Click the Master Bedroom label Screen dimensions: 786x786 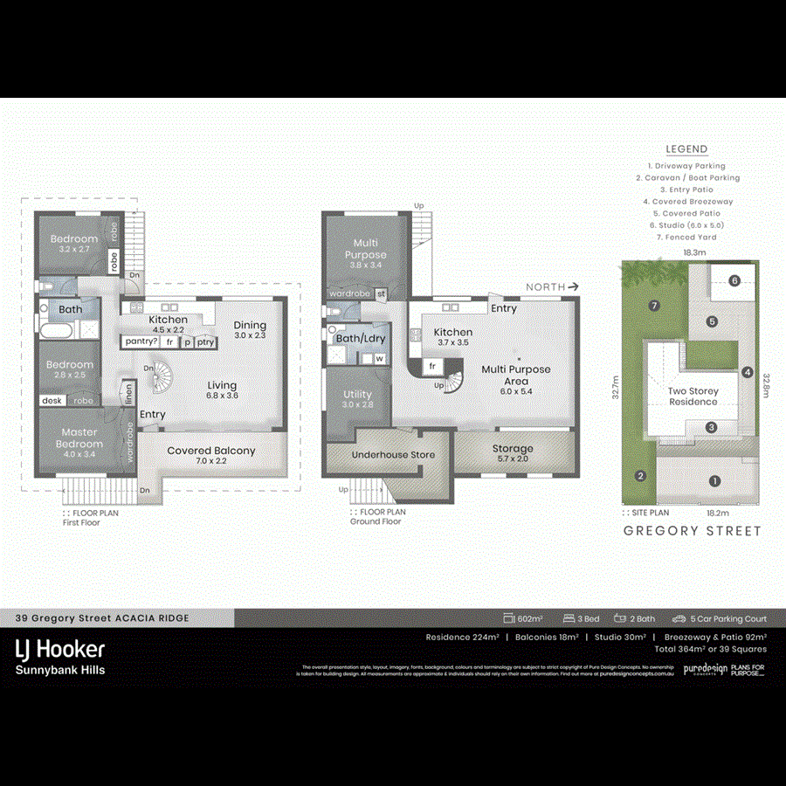pyautogui.click(x=79, y=438)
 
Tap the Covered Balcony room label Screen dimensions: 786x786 pyautogui.click(x=211, y=451)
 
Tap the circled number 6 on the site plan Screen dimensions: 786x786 pyautogui.click(x=734, y=280)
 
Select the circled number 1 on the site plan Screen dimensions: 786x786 pyautogui.click(x=714, y=480)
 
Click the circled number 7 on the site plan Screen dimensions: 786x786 pyautogui.click(x=652, y=305)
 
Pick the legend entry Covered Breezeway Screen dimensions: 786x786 pyautogui.click(x=686, y=201)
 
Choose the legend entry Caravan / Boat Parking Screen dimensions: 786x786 pyautogui.click(x=686, y=177)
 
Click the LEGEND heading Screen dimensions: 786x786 pyautogui.click(x=686, y=149)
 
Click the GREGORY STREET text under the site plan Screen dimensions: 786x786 pyautogui.click(x=692, y=531)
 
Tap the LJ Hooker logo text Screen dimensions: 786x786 pyautogui.click(x=60, y=649)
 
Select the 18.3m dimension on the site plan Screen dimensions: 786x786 pyautogui.click(x=694, y=252)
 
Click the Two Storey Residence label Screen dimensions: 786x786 pyautogui.click(x=693, y=396)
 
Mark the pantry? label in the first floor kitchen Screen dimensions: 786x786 pyautogui.click(x=140, y=341)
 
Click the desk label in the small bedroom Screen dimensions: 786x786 pyautogui.click(x=50, y=401)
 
